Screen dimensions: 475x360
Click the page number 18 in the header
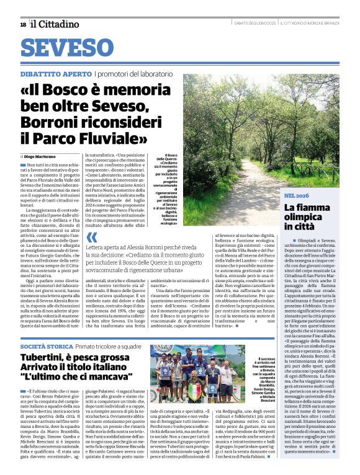(x=23, y=24)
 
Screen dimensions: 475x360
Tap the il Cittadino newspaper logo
(x=56, y=24)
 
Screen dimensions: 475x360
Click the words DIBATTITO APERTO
(x=56, y=74)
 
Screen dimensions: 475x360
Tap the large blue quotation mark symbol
(x=92, y=238)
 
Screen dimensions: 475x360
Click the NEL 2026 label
(x=296, y=195)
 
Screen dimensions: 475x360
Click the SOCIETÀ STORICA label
(x=44, y=345)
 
